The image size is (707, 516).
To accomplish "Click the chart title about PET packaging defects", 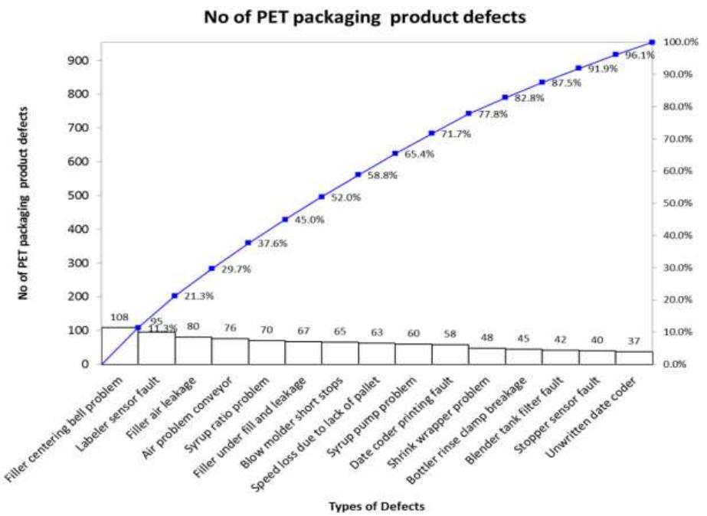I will click(x=364, y=17).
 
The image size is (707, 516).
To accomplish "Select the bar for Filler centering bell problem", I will click(x=119, y=345).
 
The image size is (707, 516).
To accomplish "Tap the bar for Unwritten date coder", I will click(x=633, y=357).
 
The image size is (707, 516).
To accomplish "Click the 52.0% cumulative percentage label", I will click(x=345, y=197).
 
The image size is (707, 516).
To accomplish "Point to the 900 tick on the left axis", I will click(x=80, y=60).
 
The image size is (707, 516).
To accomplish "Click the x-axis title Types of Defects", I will click(x=376, y=505).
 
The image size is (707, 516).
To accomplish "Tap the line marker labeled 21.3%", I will click(x=175, y=296).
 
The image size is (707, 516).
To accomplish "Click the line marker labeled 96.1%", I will click(x=615, y=54).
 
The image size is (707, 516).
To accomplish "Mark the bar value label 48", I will click(x=486, y=338).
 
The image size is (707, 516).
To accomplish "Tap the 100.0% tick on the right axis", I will click(x=681, y=42).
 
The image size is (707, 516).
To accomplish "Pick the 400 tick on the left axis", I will click(x=80, y=229).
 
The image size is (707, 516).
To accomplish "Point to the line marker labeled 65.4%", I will click(x=394, y=153).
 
